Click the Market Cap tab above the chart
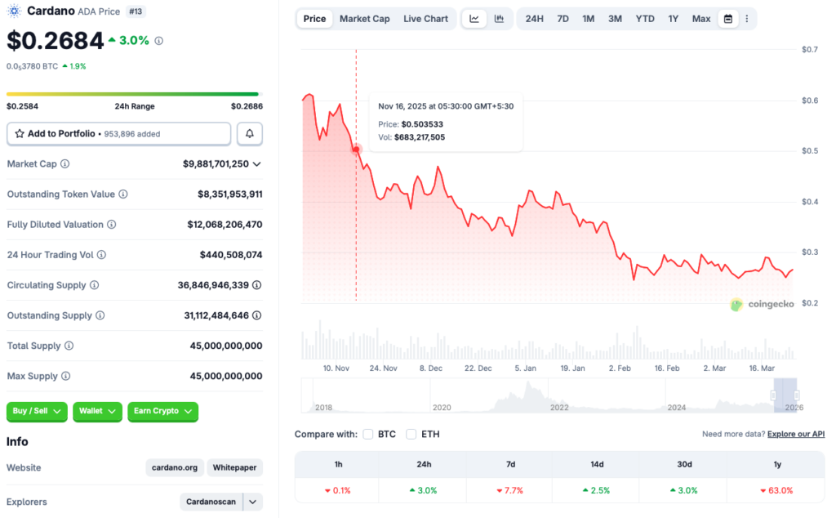pyautogui.click(x=364, y=19)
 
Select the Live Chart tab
pyautogui.click(x=425, y=19)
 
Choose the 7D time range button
pyautogui.click(x=563, y=19)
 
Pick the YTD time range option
pyautogui.click(x=645, y=19)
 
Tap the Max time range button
pyautogui.click(x=701, y=19)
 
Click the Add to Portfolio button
pyautogui.click(x=118, y=133)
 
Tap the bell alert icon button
pyautogui.click(x=250, y=133)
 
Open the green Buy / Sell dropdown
pyautogui.click(x=37, y=411)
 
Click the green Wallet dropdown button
pyautogui.click(x=97, y=411)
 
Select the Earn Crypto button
pyautogui.click(x=162, y=411)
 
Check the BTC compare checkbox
pyautogui.click(x=368, y=434)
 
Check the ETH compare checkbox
pyautogui.click(x=411, y=434)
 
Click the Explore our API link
pyautogui.click(x=796, y=434)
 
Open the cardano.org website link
pyautogui.click(x=175, y=467)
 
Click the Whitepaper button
pyautogui.click(x=235, y=467)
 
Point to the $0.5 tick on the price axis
pyautogui.click(x=807, y=151)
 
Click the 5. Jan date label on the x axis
pyautogui.click(x=525, y=368)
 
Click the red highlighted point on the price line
pyautogui.click(x=356, y=150)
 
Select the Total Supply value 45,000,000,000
pyautogui.click(x=223, y=346)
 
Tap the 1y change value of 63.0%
pyautogui.click(x=777, y=490)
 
